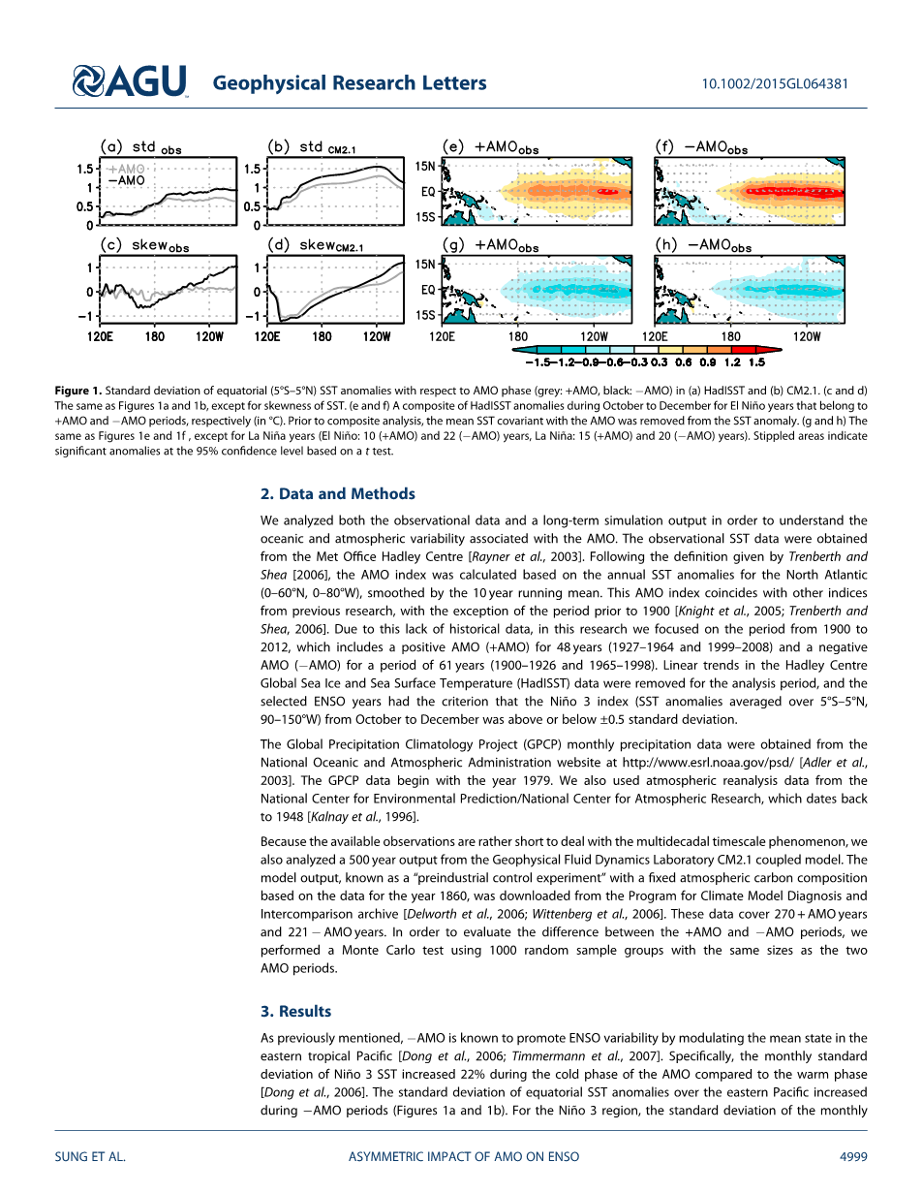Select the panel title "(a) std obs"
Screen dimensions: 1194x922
tap(142, 148)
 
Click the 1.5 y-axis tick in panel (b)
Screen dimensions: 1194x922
tap(251, 169)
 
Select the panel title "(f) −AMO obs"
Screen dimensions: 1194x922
tap(702, 148)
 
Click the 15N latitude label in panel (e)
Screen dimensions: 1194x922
tap(426, 166)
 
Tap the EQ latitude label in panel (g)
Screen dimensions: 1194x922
tap(428, 289)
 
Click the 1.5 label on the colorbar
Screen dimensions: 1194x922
tap(756, 361)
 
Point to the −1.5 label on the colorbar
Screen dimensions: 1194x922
tap(538, 361)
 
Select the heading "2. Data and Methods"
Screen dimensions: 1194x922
tap(337, 493)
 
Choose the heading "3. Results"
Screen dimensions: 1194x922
tap(295, 1011)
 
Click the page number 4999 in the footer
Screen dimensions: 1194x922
tap(853, 1156)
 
